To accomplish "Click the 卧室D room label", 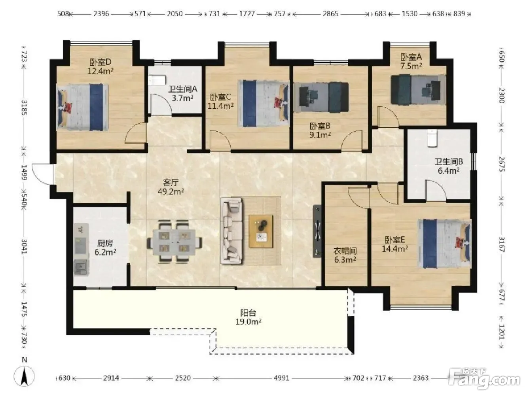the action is pyautogui.click(x=100, y=62).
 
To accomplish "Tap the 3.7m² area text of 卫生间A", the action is pyautogui.click(x=182, y=98).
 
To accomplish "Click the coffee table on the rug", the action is pyautogui.click(x=261, y=231).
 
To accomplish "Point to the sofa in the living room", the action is pyautogui.click(x=231, y=231).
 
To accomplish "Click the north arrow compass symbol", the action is pyautogui.click(x=24, y=376).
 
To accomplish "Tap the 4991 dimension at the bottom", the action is pyautogui.click(x=281, y=378).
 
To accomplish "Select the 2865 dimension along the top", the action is pyautogui.click(x=330, y=14).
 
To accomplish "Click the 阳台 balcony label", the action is pyautogui.click(x=248, y=313).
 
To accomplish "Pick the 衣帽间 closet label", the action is pyautogui.click(x=345, y=251).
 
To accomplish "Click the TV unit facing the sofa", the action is pyautogui.click(x=317, y=231).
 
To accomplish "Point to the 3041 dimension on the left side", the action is pyautogui.click(x=24, y=247).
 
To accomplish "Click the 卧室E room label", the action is pyautogui.click(x=395, y=240).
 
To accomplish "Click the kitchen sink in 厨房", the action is pyautogui.click(x=80, y=266).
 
